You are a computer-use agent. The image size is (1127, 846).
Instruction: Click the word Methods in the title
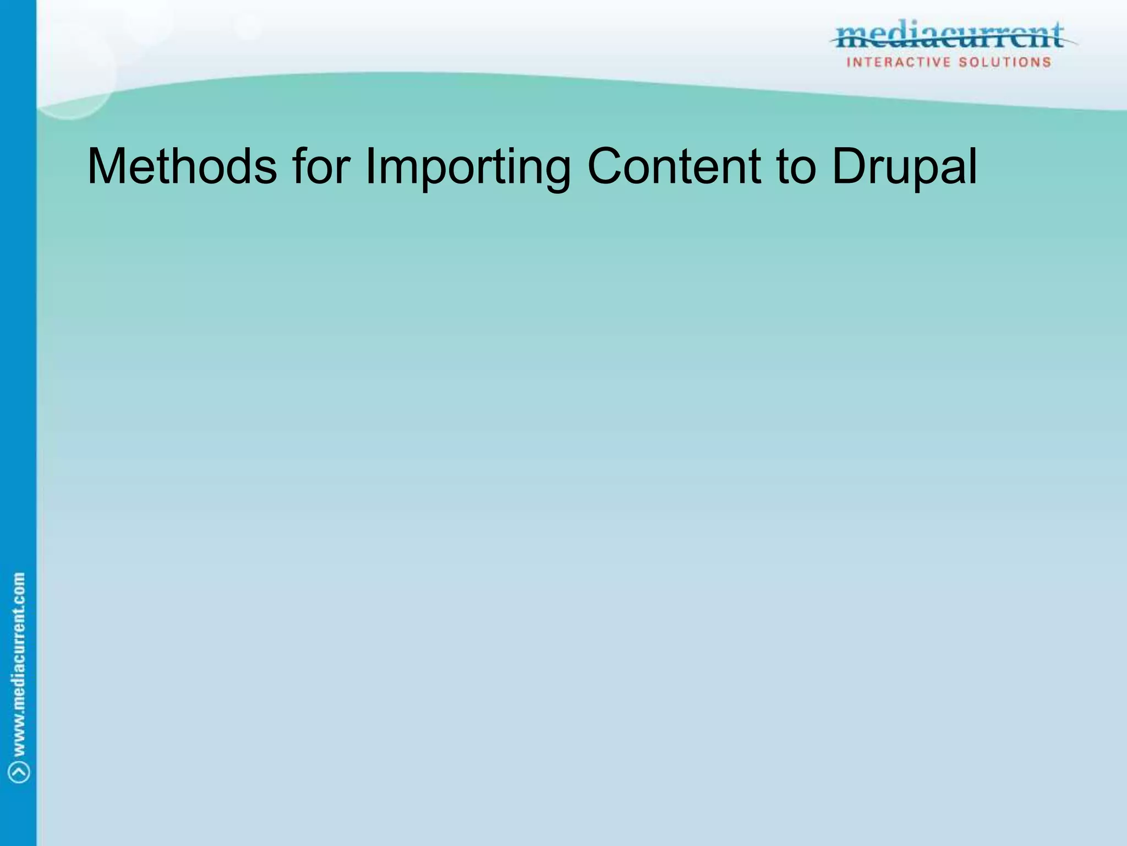pyautogui.click(x=182, y=166)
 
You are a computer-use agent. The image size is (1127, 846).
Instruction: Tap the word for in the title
pyautogui.click(x=321, y=166)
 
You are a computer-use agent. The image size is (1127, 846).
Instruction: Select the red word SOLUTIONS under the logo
pyautogui.click(x=1005, y=62)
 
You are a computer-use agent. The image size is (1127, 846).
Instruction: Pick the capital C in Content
pyautogui.click(x=607, y=166)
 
